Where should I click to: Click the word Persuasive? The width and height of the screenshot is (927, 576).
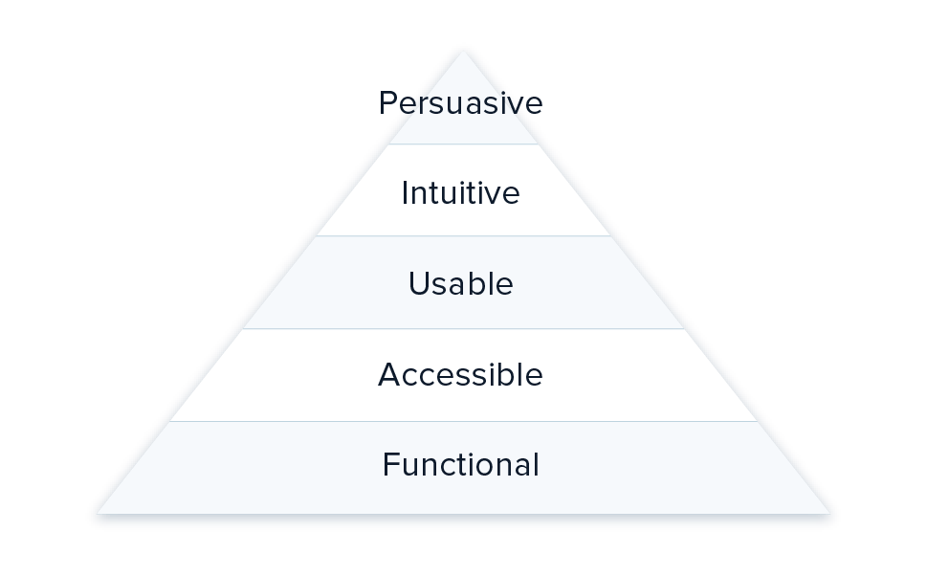460,103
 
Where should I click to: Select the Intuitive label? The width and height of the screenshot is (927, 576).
460,193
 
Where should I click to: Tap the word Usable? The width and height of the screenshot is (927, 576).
460,284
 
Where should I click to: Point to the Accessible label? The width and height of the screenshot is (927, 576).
460,374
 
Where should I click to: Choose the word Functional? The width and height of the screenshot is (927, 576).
460,465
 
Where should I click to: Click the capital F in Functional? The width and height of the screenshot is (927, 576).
389,465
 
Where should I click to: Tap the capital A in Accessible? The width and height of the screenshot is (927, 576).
387,374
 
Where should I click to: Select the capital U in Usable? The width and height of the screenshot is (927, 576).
417,284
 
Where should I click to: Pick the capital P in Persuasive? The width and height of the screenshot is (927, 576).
386,103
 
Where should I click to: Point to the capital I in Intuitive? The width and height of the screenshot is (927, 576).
405,193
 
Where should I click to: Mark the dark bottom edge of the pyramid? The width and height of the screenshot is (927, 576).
463,521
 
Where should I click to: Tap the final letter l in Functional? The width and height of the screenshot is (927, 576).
536,464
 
